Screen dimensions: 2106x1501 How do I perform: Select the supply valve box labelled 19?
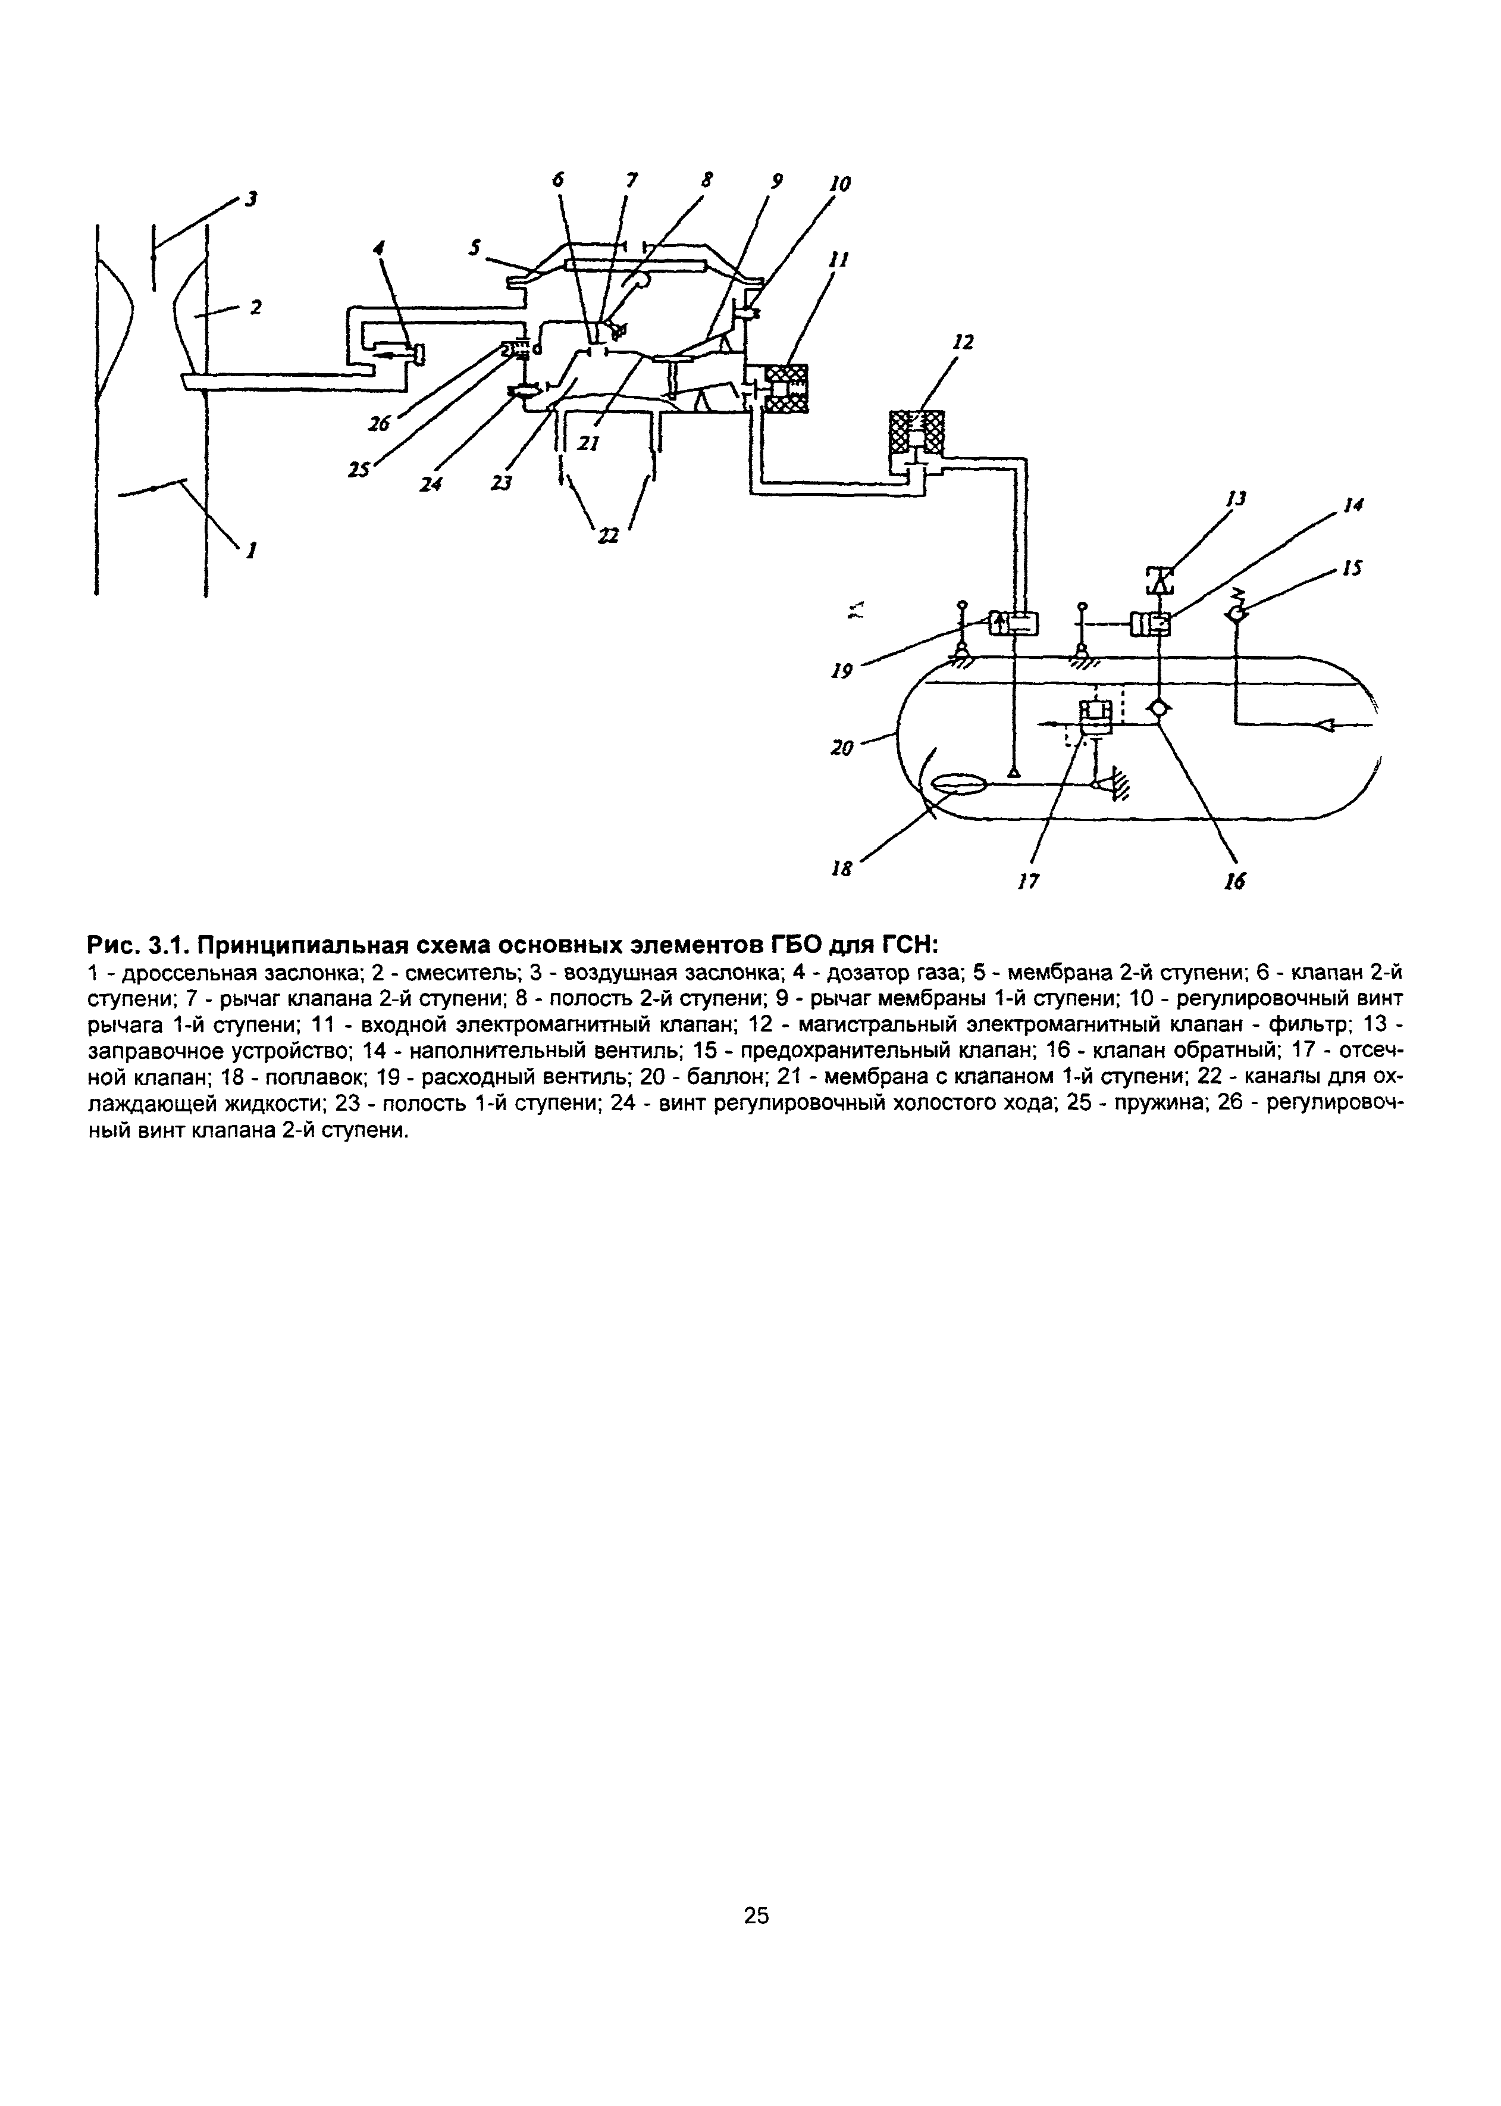tap(1014, 625)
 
